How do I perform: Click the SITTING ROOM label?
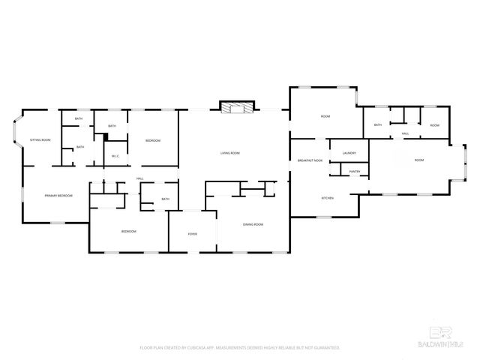40,140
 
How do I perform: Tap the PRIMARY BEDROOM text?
58,196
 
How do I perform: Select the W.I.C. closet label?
115,156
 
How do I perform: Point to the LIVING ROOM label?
229,153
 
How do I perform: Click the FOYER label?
192,234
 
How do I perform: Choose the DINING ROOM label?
253,224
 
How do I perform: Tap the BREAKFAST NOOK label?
310,160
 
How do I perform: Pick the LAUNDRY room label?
349,153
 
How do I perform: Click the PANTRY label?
355,171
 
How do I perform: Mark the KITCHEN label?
327,198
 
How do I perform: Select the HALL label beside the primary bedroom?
139,178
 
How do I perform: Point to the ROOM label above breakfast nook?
325,117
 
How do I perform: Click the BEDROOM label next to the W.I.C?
152,140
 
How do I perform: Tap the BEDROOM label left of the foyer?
128,232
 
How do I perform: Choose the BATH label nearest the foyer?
165,199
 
